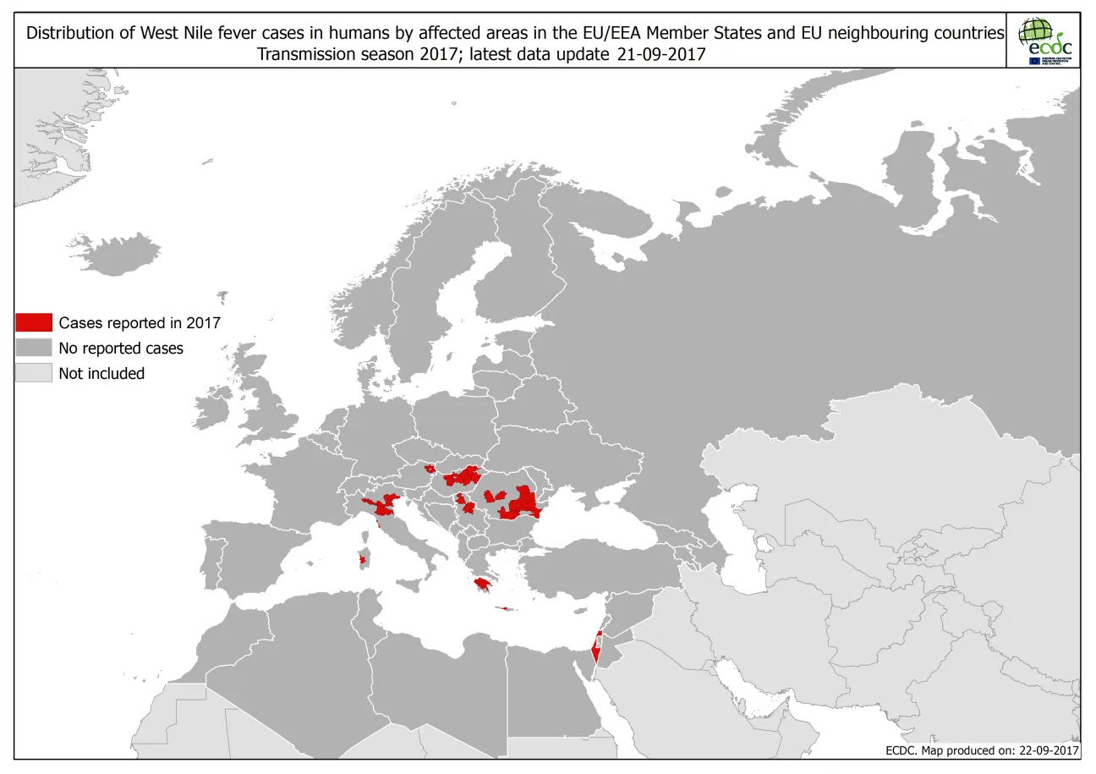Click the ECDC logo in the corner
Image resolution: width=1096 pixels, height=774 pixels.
click(x=1044, y=41)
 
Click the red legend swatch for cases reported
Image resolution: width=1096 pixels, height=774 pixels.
click(x=34, y=322)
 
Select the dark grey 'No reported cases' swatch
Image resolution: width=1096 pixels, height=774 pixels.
click(x=34, y=348)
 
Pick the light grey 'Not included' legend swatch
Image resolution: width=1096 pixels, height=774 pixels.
click(x=34, y=373)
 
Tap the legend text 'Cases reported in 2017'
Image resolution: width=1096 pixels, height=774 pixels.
click(x=140, y=322)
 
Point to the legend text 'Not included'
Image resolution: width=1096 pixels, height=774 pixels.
click(x=101, y=373)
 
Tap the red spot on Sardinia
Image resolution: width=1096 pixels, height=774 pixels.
click(x=364, y=559)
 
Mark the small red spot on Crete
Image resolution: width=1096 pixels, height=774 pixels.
click(x=506, y=607)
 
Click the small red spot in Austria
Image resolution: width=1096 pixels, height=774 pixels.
click(x=430, y=468)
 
